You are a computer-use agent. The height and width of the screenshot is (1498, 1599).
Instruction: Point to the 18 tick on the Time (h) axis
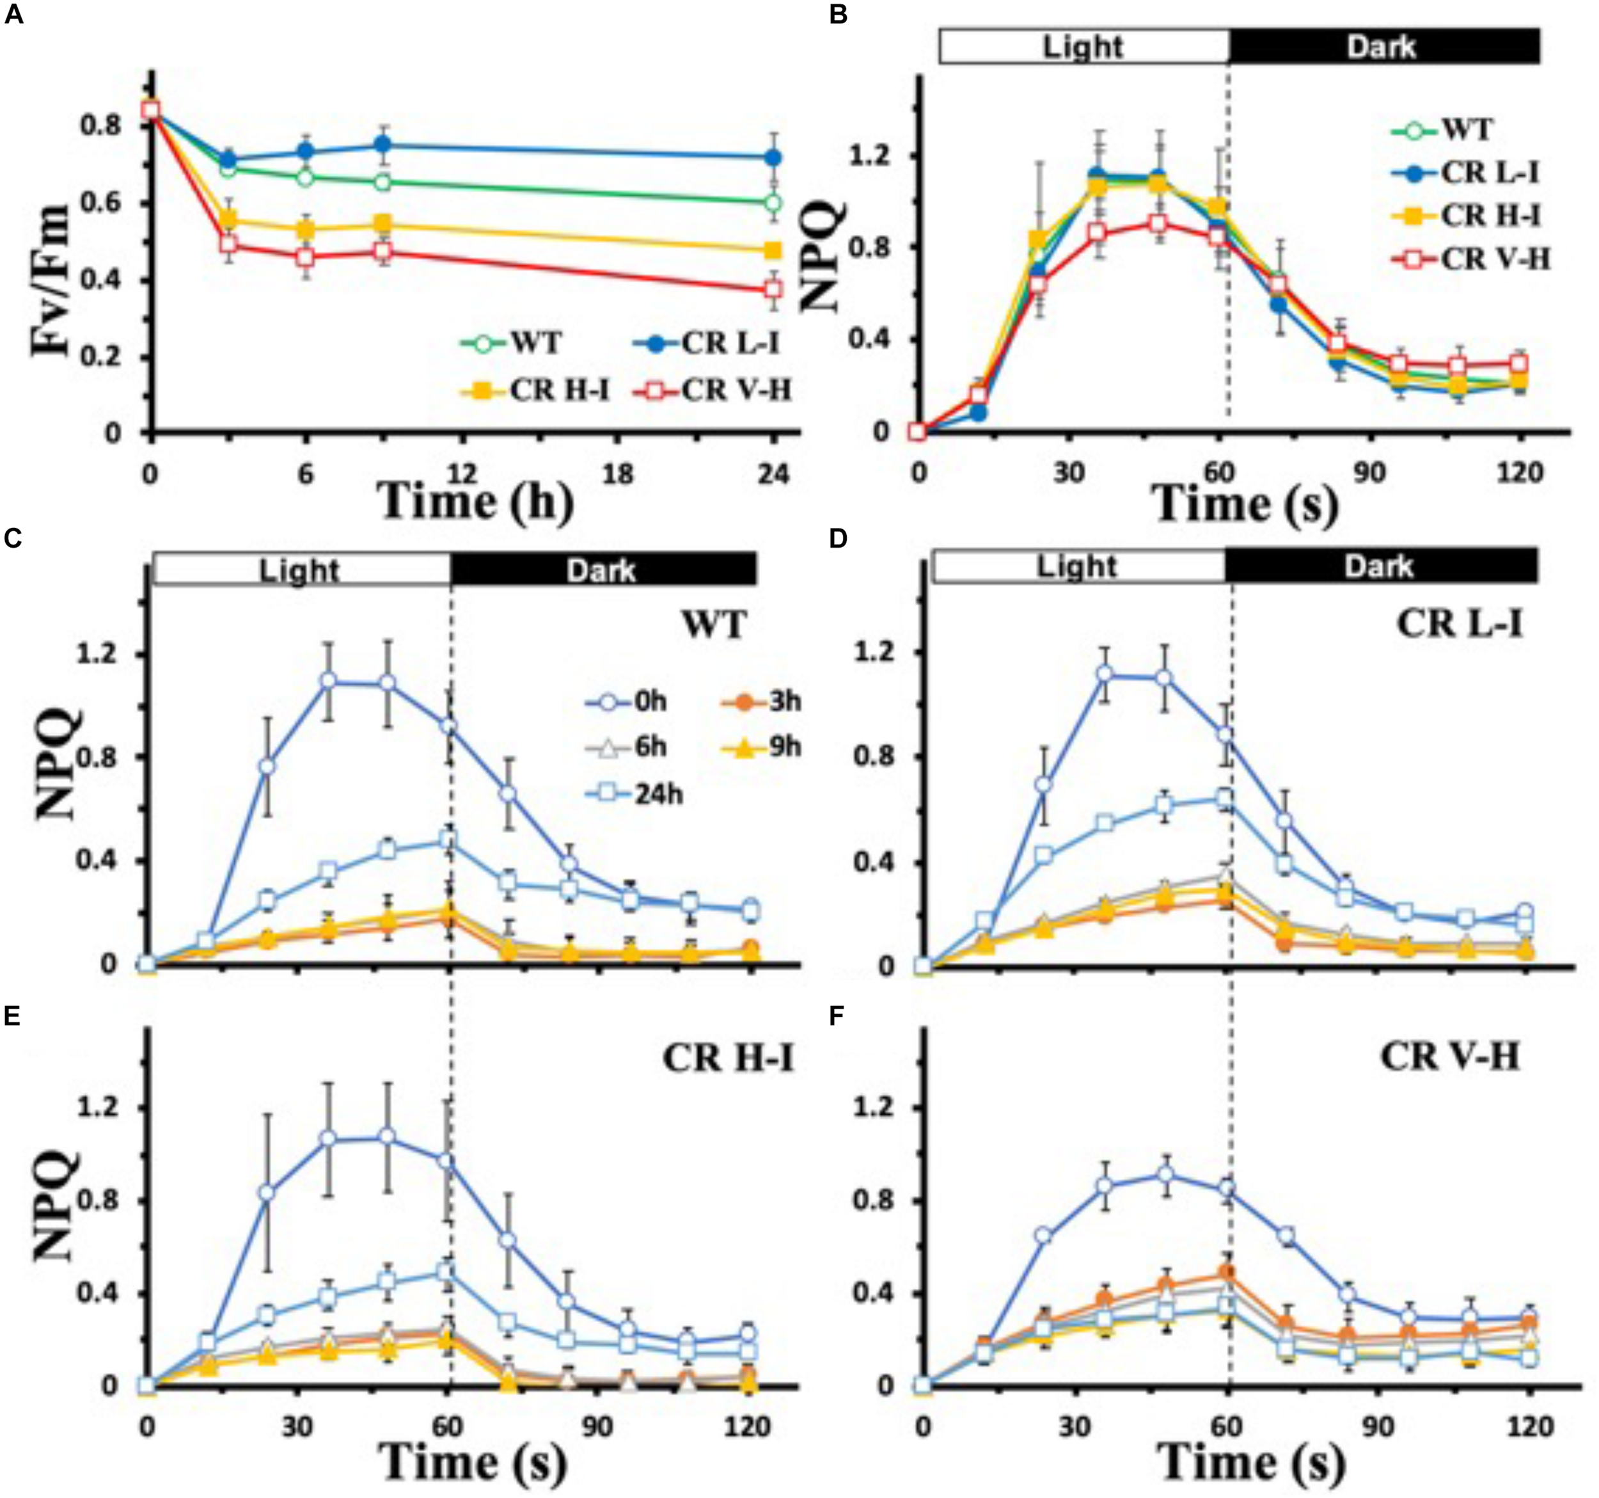(x=617, y=474)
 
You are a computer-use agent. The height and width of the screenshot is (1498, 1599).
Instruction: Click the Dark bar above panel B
(x=1383, y=46)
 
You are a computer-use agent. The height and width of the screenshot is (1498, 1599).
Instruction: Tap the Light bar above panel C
(x=300, y=570)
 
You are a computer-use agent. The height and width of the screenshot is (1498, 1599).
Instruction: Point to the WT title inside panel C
(x=715, y=625)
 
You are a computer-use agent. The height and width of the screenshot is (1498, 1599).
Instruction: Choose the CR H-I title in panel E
(x=729, y=1057)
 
